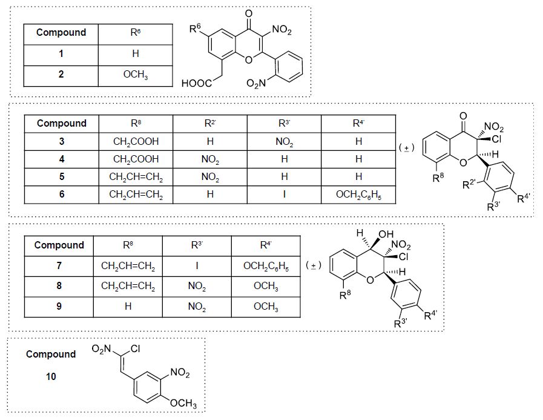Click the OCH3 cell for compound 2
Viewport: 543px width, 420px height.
(x=136, y=75)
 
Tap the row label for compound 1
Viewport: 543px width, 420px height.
(x=61, y=54)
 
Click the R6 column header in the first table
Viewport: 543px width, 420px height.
(x=136, y=33)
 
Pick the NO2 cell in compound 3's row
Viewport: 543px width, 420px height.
(x=284, y=142)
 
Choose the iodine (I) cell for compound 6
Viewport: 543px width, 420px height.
(x=284, y=195)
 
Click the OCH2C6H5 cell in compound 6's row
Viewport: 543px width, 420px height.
(x=358, y=195)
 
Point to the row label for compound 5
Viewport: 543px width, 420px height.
(x=61, y=177)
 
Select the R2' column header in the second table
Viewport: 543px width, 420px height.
(x=209, y=124)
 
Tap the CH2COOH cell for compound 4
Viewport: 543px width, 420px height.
(x=136, y=159)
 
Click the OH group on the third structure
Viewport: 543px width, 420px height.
(x=385, y=235)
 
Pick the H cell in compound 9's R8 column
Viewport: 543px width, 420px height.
(x=128, y=307)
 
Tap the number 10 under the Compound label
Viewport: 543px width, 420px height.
(x=51, y=377)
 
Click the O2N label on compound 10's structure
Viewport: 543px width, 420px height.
(x=104, y=350)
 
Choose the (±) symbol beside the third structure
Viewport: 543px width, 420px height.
(x=313, y=265)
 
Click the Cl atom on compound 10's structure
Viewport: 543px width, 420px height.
(x=136, y=350)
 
